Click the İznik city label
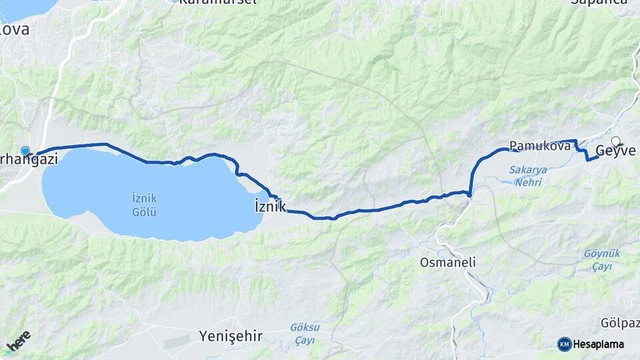point(270,206)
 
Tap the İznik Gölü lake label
point(144,205)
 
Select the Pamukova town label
point(540,145)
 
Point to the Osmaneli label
point(447,263)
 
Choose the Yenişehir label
point(231,336)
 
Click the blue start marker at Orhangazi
point(25,151)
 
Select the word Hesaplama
point(599,344)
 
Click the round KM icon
point(564,344)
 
